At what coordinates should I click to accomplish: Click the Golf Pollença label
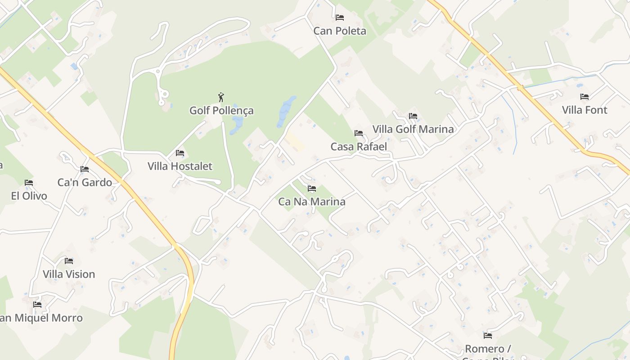[x=221, y=111]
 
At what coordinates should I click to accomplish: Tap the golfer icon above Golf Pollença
[x=221, y=97]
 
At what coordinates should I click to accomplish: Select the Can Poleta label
[x=340, y=31]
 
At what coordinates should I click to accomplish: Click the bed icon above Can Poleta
[x=340, y=18]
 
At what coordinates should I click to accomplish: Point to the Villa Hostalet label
[x=180, y=166]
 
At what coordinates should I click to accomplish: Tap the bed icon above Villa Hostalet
[x=180, y=153]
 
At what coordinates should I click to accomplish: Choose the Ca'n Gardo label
[x=85, y=182]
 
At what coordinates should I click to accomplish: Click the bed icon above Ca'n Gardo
[x=85, y=169]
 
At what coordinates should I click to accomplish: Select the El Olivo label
[x=29, y=196]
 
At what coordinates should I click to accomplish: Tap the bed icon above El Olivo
[x=29, y=183]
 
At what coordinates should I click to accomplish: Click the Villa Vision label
[x=69, y=274]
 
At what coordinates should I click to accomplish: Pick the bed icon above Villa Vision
[x=69, y=261]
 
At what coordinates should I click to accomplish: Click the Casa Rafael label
[x=359, y=147]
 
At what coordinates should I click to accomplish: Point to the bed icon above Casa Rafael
[x=359, y=133]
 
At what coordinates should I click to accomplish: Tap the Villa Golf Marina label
[x=413, y=129]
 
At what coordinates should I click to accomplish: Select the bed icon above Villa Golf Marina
[x=413, y=116]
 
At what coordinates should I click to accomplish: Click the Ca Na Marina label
[x=312, y=202]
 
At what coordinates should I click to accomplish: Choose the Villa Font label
[x=585, y=110]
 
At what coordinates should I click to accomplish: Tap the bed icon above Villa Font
[x=585, y=97]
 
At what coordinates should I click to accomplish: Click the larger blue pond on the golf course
[x=286, y=111]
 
